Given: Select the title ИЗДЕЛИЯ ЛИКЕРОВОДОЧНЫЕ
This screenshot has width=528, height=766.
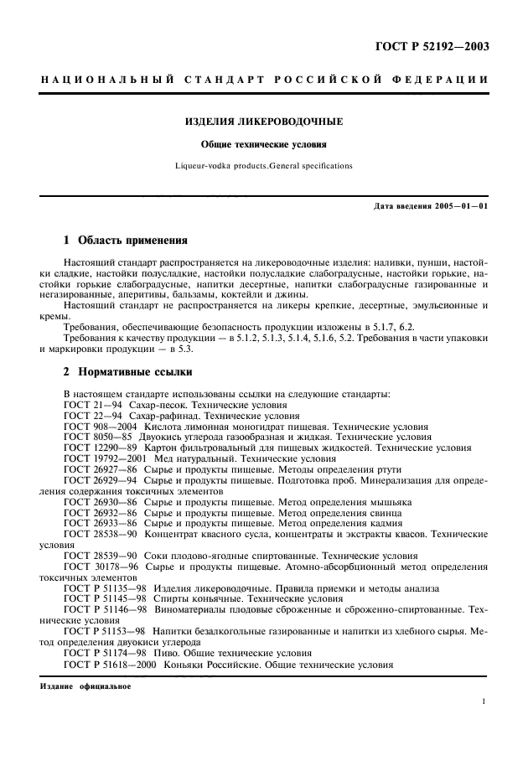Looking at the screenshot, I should click(x=263, y=122).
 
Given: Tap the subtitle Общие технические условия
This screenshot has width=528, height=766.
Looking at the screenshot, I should click(x=263, y=144).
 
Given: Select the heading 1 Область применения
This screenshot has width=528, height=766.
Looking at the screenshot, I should click(x=120, y=240).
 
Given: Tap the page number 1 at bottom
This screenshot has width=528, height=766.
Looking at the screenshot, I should click(x=484, y=705).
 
